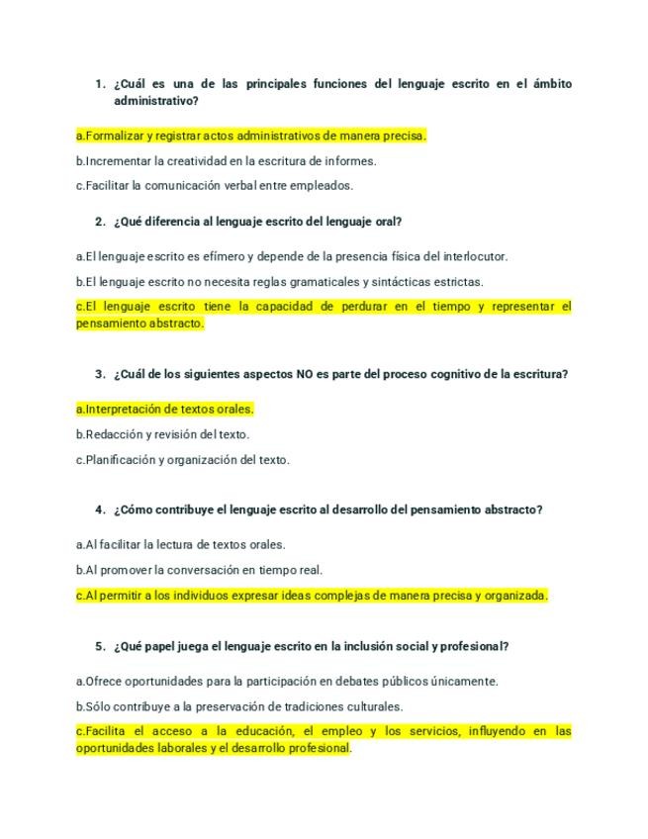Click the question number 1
pyautogui.click(x=100, y=84)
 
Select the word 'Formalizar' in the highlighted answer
pyautogui.click(x=115, y=135)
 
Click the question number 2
pyautogui.click(x=100, y=221)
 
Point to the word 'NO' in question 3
pyautogui.click(x=305, y=374)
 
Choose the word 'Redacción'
pyautogui.click(x=115, y=434)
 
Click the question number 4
pyautogui.click(x=100, y=511)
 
